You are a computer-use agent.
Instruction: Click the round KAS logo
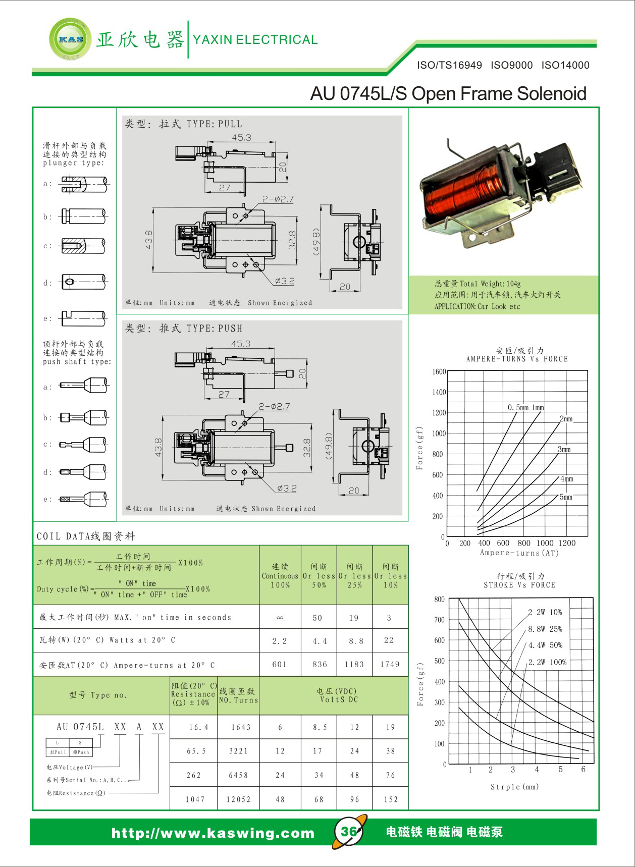click(71, 39)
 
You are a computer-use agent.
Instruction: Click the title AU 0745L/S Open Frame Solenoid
click(448, 94)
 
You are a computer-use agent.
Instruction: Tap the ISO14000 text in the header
click(565, 65)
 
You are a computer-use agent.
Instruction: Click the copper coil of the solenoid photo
click(462, 194)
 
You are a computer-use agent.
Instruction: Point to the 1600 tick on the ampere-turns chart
click(439, 372)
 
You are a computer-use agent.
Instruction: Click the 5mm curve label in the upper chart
click(566, 497)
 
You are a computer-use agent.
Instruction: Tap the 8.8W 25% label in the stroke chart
click(545, 629)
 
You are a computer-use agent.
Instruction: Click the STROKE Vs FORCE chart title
click(519, 585)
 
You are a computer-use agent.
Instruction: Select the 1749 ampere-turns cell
click(390, 665)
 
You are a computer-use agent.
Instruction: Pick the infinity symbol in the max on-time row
click(280, 618)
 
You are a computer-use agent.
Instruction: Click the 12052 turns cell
click(238, 799)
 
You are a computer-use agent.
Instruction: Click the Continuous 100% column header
click(280, 576)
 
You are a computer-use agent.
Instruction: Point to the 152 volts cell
click(390, 799)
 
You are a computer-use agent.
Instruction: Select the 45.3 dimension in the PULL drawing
click(241, 137)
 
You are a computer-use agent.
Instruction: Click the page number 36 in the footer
click(349, 832)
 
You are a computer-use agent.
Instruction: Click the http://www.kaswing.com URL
click(213, 833)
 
